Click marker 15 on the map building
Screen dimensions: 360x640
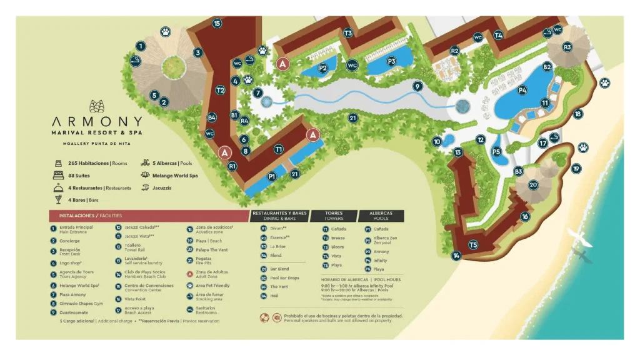[x=217, y=23]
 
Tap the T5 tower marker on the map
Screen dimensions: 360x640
[x=473, y=245]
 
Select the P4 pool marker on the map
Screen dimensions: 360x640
[x=522, y=90]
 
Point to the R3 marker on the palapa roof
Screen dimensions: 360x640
[x=567, y=47]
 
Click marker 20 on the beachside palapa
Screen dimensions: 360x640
[x=533, y=184]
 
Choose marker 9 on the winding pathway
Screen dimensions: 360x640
[x=417, y=86]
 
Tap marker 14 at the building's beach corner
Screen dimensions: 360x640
[x=457, y=255]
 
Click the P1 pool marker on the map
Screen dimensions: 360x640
[x=272, y=177]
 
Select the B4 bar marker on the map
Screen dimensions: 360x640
[x=212, y=117]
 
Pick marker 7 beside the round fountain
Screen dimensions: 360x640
[x=258, y=93]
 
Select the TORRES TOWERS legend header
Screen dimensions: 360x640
[x=334, y=216]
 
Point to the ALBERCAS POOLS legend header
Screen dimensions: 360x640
[x=381, y=216]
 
